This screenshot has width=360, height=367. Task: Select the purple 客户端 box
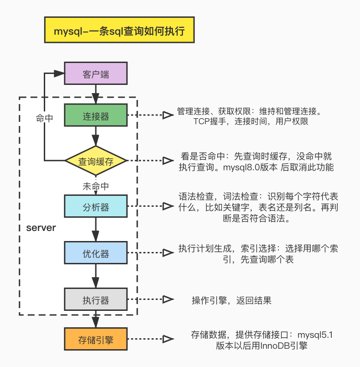click(96, 74)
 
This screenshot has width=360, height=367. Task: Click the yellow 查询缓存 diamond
click(96, 161)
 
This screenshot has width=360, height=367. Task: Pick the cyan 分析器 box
click(96, 207)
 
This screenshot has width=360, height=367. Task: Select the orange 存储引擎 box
click(96, 340)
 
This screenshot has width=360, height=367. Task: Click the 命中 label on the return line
click(44, 118)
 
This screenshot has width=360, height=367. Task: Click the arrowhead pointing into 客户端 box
click(58, 73)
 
